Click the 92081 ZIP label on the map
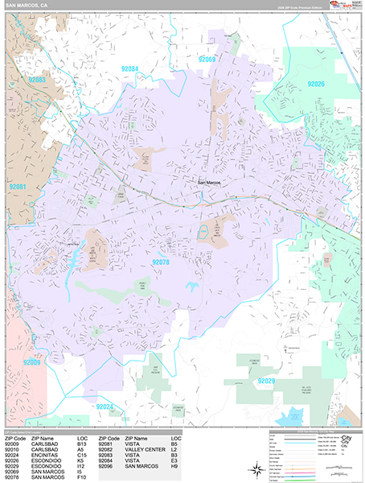click(18, 187)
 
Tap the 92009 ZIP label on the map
click(32, 363)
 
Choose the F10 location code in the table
click(82, 477)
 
